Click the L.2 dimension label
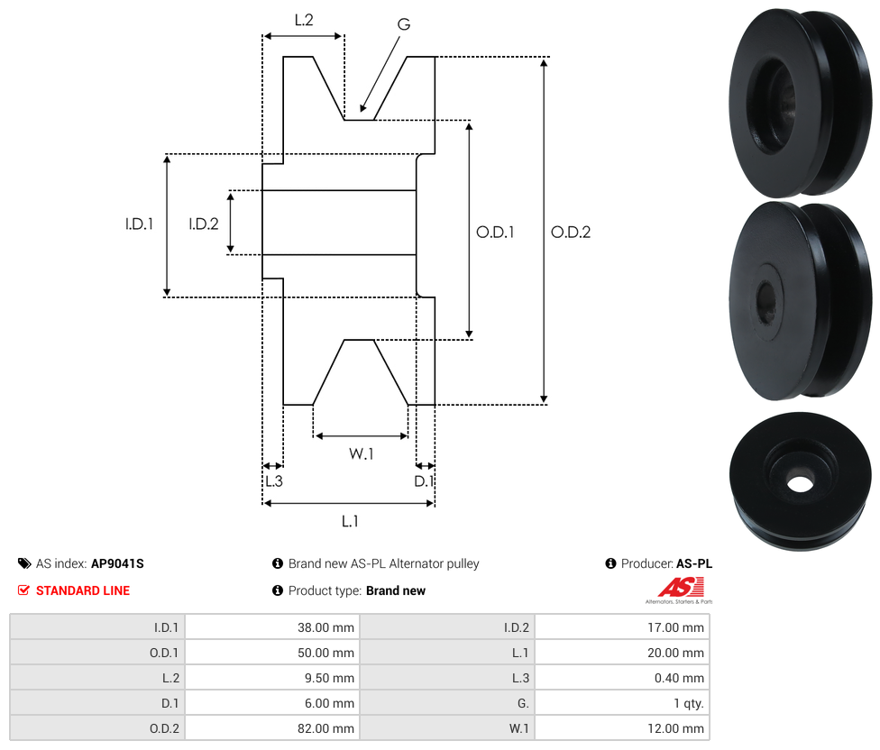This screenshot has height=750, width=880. [303, 19]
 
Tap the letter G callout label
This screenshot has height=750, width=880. [403, 24]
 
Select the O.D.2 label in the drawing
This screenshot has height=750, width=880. [571, 232]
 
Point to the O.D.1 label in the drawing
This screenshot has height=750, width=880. [495, 232]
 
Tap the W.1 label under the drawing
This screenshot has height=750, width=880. [362, 453]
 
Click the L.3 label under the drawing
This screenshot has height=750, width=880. [273, 481]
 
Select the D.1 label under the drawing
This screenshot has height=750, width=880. [424, 481]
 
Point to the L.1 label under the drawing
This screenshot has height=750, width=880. [350, 520]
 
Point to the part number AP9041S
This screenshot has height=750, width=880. [117, 563]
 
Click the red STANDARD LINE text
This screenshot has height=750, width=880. [83, 590]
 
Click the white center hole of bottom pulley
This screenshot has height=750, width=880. [799, 482]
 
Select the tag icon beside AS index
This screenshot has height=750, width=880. [24, 563]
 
